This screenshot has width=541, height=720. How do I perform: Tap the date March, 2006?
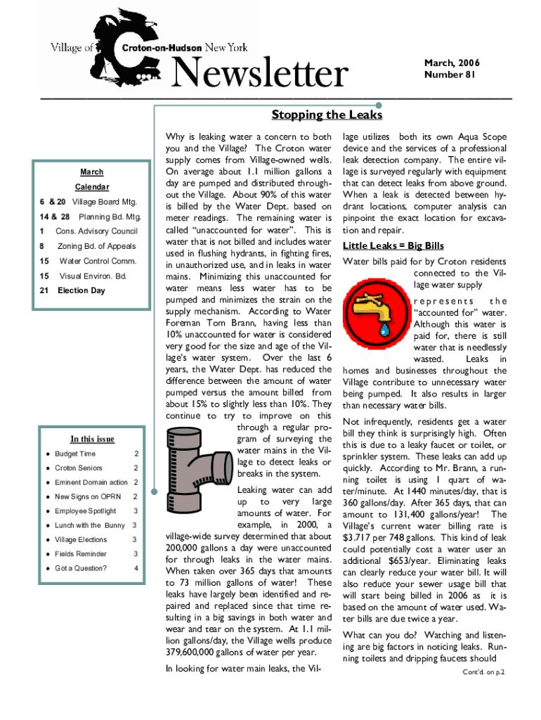[x=452, y=64]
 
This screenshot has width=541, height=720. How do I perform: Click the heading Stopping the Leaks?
[x=327, y=115]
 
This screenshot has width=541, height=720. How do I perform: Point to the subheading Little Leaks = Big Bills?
[x=393, y=245]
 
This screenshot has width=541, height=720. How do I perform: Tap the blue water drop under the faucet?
[x=384, y=328]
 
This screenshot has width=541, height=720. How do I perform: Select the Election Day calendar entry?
[x=81, y=290]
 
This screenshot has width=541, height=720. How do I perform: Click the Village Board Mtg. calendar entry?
[x=105, y=202]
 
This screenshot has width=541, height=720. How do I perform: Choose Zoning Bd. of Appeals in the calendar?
[x=96, y=246]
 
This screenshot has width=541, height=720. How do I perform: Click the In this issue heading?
[x=92, y=439]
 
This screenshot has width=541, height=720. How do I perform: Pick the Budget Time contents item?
[x=75, y=454]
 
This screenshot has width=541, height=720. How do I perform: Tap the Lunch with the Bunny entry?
[x=90, y=525]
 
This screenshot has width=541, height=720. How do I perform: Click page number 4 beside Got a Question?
[x=136, y=568]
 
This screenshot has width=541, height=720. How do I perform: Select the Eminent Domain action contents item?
[x=91, y=482]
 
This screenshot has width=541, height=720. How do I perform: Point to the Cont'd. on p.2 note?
[x=484, y=671]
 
